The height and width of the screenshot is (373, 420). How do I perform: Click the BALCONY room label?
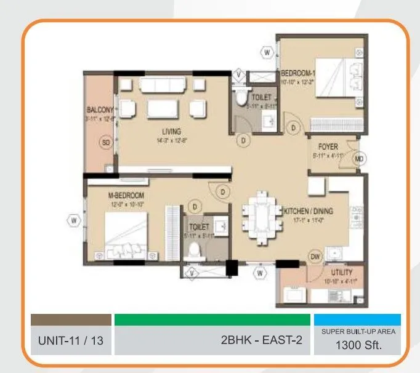tap(99, 111)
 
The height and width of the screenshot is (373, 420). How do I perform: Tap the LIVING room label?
tap(171, 131)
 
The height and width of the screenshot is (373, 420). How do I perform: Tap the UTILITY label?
tap(341, 272)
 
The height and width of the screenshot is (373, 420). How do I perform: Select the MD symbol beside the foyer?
tap(359, 159)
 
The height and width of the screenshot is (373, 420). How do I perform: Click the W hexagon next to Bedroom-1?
tap(267, 53)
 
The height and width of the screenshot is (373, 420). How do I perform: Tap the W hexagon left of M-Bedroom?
tap(73, 220)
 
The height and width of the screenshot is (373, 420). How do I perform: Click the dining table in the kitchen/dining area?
tap(259, 220)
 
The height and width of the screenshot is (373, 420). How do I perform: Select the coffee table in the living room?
tap(164, 109)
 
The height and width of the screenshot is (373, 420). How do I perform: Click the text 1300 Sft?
tap(358, 345)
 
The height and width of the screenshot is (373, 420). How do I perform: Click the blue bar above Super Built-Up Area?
tap(357, 319)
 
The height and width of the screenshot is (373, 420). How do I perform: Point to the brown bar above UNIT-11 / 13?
tap(71, 319)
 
